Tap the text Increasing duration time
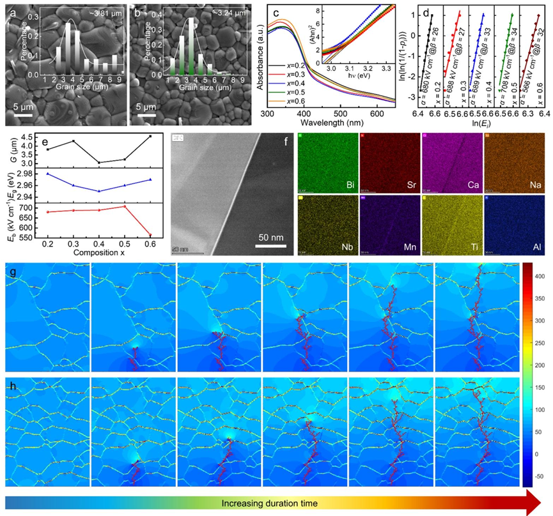[x=269, y=504]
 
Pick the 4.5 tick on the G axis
[x=25, y=138]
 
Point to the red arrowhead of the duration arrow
[x=536, y=504]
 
